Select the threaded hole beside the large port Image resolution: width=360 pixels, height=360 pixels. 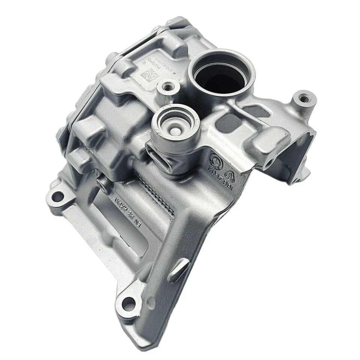tap(165, 88)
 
